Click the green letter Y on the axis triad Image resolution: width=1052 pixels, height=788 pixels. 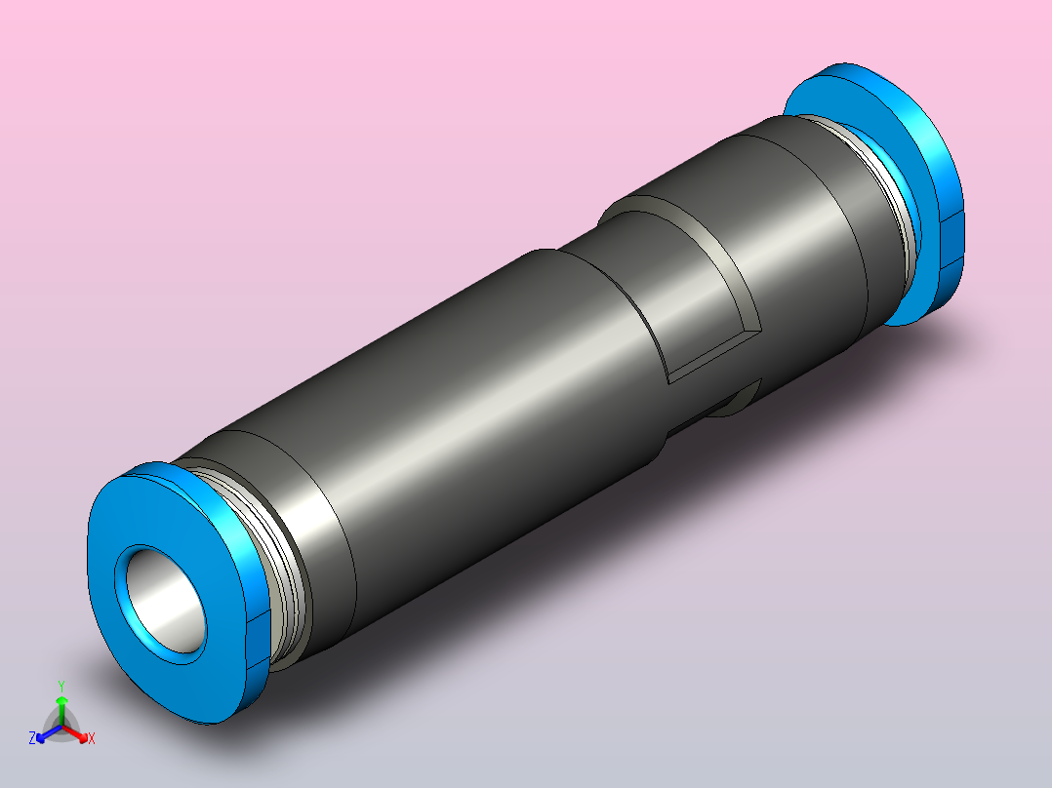pos(61,685)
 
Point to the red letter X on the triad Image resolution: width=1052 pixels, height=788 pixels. pos(92,739)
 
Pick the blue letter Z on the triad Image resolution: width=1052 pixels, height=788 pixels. pos(32,738)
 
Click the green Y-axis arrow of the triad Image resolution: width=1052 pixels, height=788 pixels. pos(61,706)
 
